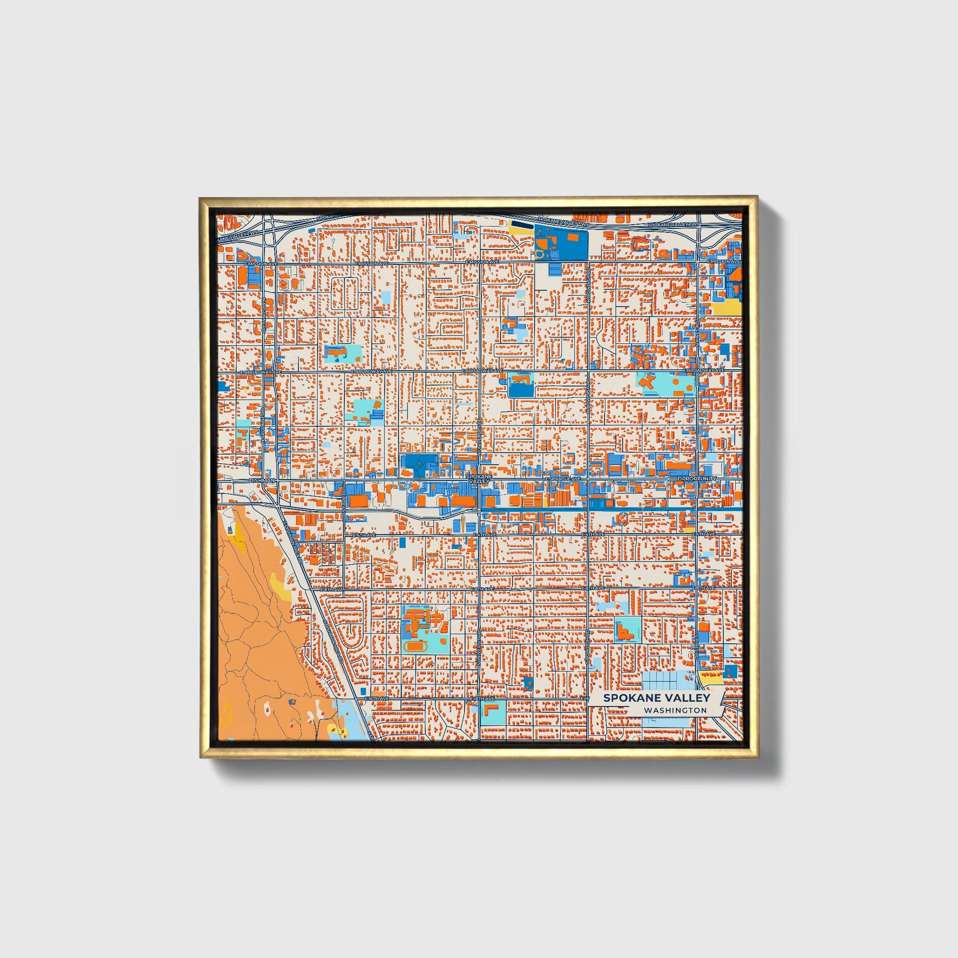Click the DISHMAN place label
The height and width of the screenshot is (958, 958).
click(x=262, y=480)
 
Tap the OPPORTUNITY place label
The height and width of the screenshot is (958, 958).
click(x=697, y=479)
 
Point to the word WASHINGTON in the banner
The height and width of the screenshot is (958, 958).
click(x=675, y=710)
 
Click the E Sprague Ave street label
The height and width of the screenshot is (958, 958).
click(x=563, y=479)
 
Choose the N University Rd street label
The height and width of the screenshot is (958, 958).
click(x=479, y=436)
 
